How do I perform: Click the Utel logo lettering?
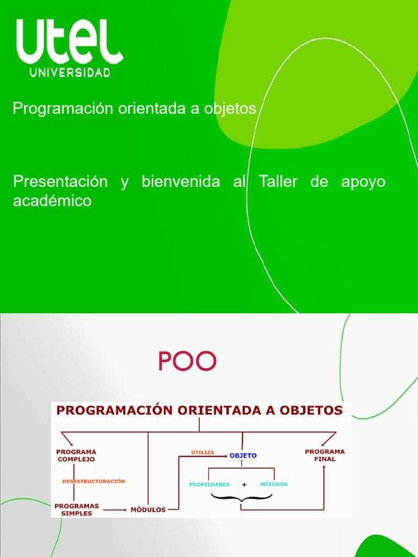click(70, 42)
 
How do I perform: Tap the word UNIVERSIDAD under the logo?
click(70, 72)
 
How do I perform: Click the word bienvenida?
click(181, 182)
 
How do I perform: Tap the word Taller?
click(278, 182)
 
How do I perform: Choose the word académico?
click(52, 201)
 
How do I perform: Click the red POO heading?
click(187, 361)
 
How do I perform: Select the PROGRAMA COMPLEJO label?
click(76, 455)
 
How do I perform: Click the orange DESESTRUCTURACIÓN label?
click(94, 481)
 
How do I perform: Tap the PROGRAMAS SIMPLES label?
click(76, 510)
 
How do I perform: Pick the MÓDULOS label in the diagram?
click(148, 510)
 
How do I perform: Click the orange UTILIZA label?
click(202, 452)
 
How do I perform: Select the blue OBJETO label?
click(243, 456)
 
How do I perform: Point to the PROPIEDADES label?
click(210, 484)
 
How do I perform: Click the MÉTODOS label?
click(274, 484)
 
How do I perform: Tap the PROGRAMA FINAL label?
click(324, 455)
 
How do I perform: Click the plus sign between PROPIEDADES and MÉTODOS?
click(244, 484)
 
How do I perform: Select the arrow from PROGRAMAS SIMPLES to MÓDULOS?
click(115, 510)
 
